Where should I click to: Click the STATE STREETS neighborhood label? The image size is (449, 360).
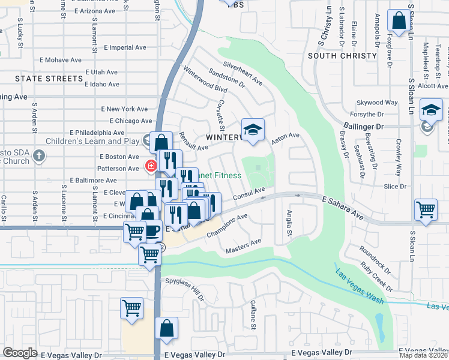click(41, 79)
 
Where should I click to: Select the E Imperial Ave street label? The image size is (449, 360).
click(125, 47)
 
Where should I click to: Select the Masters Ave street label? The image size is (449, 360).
click(244, 245)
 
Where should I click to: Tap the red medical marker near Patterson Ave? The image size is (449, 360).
click(150, 166)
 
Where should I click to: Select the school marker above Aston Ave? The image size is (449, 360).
click(253, 130)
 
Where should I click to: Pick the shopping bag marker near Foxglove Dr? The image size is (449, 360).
click(399, 22)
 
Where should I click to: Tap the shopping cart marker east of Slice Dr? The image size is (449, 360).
click(426, 210)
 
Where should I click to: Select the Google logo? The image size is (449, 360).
click(20, 353)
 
